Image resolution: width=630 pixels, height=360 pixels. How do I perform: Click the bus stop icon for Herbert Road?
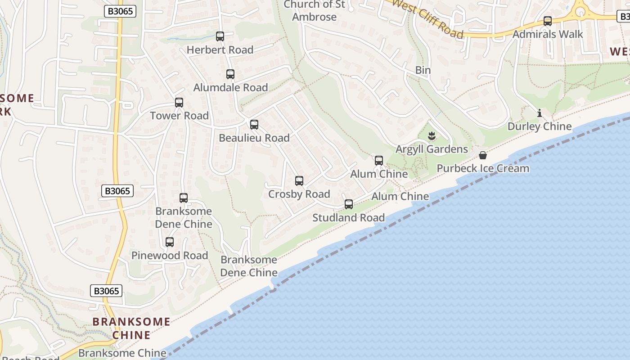220,36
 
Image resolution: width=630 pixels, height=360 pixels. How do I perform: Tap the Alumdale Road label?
230,87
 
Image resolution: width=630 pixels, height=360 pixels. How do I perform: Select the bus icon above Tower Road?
179,103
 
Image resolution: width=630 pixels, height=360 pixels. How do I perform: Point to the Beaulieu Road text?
254,138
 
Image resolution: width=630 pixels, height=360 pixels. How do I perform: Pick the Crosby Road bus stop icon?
299,181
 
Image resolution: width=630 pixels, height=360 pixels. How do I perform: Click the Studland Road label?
349,218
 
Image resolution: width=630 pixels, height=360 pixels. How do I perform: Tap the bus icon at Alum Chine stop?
379,161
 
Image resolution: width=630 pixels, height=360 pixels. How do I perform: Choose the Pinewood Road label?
170,256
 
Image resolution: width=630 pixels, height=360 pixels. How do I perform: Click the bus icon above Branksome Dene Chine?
184,198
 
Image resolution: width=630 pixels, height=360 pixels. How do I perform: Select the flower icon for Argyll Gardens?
432,135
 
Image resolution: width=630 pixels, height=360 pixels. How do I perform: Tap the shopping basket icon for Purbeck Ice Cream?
483,156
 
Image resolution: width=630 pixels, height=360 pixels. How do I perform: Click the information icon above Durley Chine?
540,113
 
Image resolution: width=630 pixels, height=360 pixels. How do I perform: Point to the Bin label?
423,70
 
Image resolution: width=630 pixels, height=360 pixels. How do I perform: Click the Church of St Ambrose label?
314,11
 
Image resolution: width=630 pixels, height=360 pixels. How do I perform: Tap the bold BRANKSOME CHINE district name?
131,328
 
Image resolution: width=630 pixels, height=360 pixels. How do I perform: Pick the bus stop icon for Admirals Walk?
548,21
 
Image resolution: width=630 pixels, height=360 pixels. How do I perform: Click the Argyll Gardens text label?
432,149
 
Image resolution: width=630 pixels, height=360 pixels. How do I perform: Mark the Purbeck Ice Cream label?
483,168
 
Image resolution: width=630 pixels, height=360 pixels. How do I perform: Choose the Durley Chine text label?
540,126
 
